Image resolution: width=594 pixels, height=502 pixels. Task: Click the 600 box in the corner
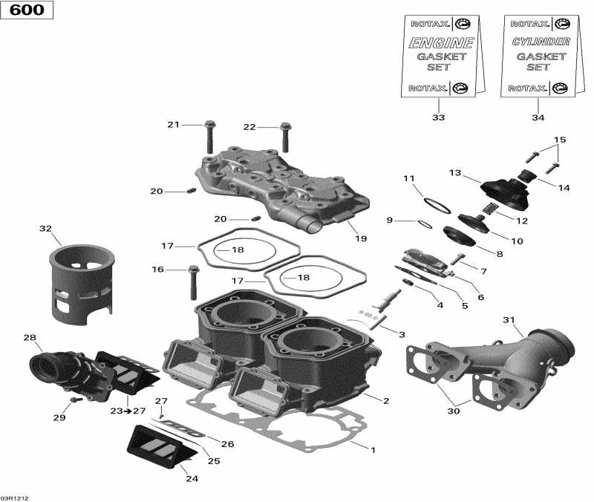pyautogui.click(x=27, y=10)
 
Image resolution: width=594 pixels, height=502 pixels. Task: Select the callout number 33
pyautogui.click(x=438, y=118)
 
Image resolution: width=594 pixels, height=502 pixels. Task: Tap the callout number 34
pyautogui.click(x=538, y=118)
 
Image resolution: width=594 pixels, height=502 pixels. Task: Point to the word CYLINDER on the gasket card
pyautogui.click(x=541, y=42)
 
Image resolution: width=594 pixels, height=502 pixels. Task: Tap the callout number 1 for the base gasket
pyautogui.click(x=374, y=449)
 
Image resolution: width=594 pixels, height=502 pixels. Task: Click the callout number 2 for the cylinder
pyautogui.click(x=386, y=401)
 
